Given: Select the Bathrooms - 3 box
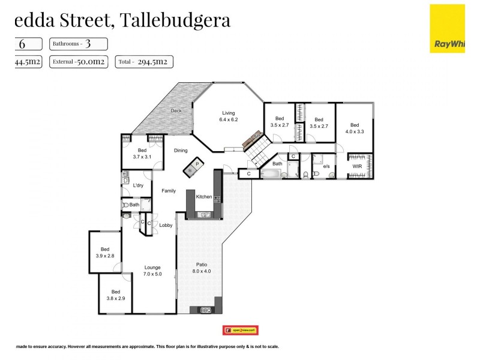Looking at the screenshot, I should (x=79, y=44).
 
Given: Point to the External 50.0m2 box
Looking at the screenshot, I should (x=79, y=61).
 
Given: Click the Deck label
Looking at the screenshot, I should (x=176, y=110).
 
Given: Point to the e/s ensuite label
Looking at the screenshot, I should (x=326, y=166).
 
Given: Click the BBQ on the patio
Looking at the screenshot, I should (x=205, y=310).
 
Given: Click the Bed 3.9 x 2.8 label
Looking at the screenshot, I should (x=105, y=253).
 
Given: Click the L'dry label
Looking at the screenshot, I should (x=138, y=185).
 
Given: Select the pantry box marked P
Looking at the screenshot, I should (x=196, y=163).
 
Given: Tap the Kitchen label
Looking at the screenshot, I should (x=203, y=197).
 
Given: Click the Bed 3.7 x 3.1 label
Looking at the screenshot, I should (x=142, y=154).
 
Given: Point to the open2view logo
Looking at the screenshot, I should (x=241, y=330).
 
